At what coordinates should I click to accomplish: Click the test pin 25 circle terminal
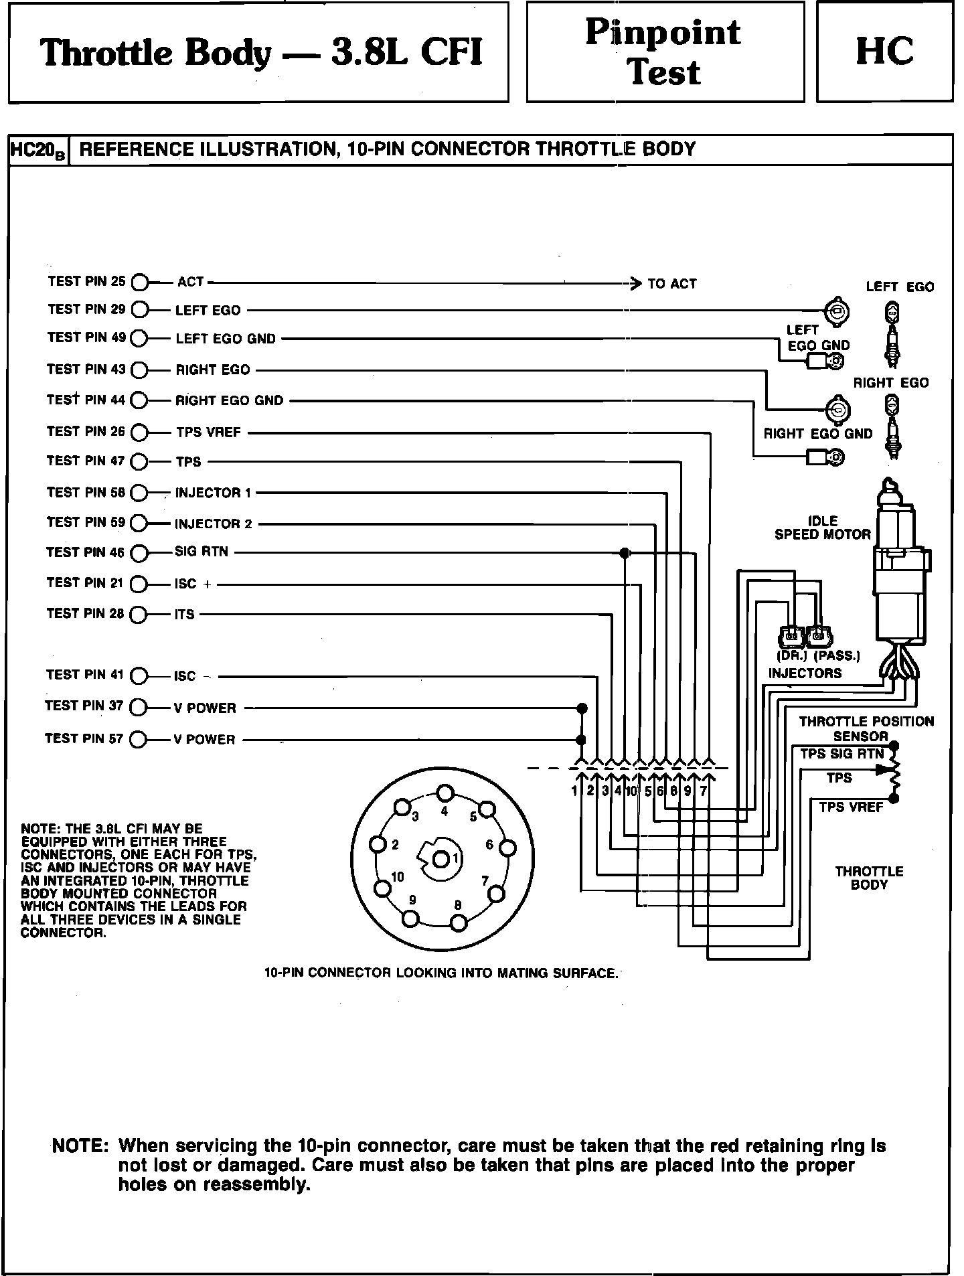[x=139, y=283]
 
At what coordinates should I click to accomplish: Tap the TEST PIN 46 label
[x=85, y=552]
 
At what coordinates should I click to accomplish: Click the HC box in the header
[x=884, y=52]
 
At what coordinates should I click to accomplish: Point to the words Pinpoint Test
[x=664, y=52]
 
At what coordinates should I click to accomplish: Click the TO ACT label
[x=672, y=284]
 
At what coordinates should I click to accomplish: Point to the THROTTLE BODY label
[x=869, y=878]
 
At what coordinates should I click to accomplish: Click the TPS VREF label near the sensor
[x=851, y=807]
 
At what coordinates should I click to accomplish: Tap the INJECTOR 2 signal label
[x=214, y=524]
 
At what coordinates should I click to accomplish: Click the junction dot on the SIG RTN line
[x=625, y=553]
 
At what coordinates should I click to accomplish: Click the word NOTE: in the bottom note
[x=80, y=1146]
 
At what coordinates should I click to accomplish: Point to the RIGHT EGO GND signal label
[x=230, y=401]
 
